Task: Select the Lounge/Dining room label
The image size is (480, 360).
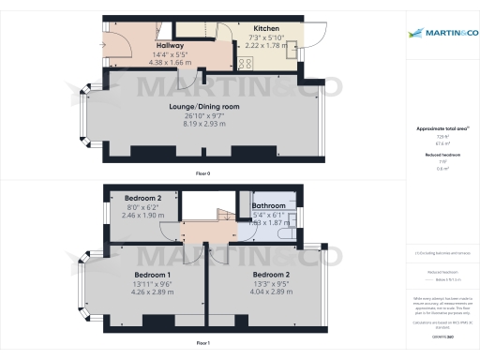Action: pyautogui.click(x=204, y=107)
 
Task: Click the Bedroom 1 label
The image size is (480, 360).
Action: pyautogui.click(x=140, y=275)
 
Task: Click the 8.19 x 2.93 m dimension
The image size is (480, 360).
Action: pyautogui.click(x=204, y=123)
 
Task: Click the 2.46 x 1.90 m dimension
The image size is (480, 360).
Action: pyautogui.click(x=142, y=215)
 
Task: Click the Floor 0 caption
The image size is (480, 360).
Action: pyautogui.click(x=202, y=174)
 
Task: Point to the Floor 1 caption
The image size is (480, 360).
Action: pyautogui.click(x=202, y=343)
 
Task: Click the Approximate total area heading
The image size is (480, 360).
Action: pyautogui.click(x=441, y=127)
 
